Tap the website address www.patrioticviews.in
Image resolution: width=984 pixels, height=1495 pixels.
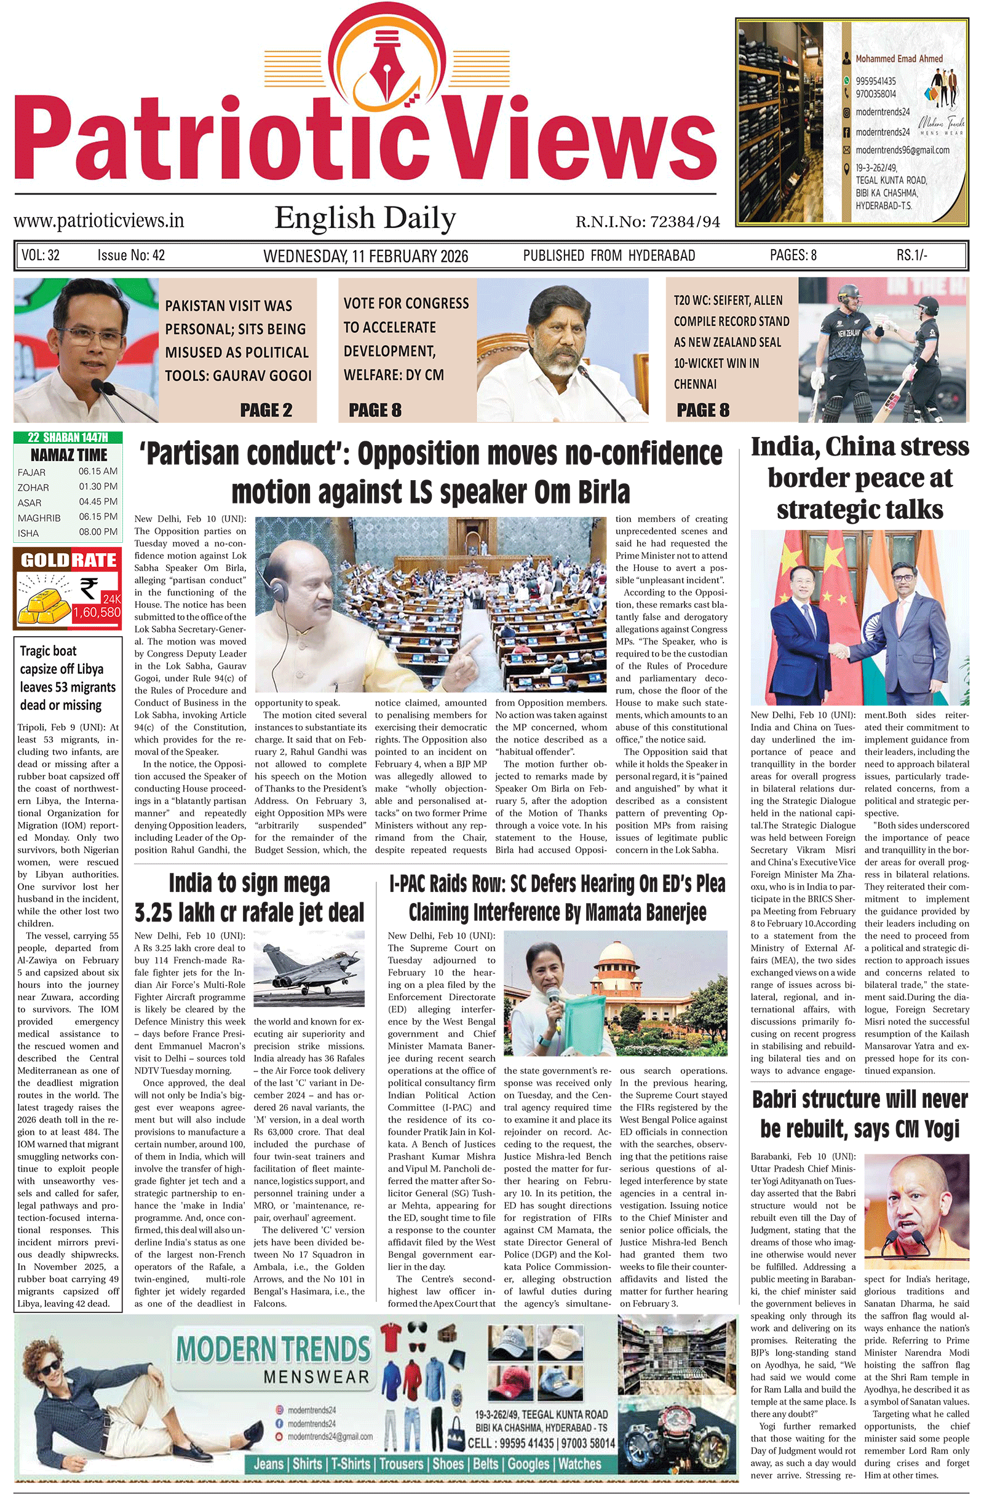pyautogui.click(x=98, y=221)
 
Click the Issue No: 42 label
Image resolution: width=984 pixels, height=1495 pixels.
pyautogui.click(x=131, y=255)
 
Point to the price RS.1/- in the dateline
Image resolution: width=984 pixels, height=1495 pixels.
pyautogui.click(x=912, y=255)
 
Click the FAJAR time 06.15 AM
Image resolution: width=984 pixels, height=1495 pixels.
pyautogui.click(x=98, y=471)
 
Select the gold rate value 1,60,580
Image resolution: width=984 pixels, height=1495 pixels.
pyautogui.click(x=96, y=612)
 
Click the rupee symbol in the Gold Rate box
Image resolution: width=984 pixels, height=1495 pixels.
pyautogui.click(x=89, y=588)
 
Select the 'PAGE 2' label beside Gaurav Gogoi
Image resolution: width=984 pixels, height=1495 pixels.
pyautogui.click(x=266, y=410)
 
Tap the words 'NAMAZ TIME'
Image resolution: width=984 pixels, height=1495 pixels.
pyautogui.click(x=68, y=455)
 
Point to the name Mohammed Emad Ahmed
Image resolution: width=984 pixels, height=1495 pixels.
pyautogui.click(x=899, y=59)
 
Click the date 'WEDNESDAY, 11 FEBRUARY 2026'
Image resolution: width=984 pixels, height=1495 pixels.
pyautogui.click(x=366, y=256)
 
